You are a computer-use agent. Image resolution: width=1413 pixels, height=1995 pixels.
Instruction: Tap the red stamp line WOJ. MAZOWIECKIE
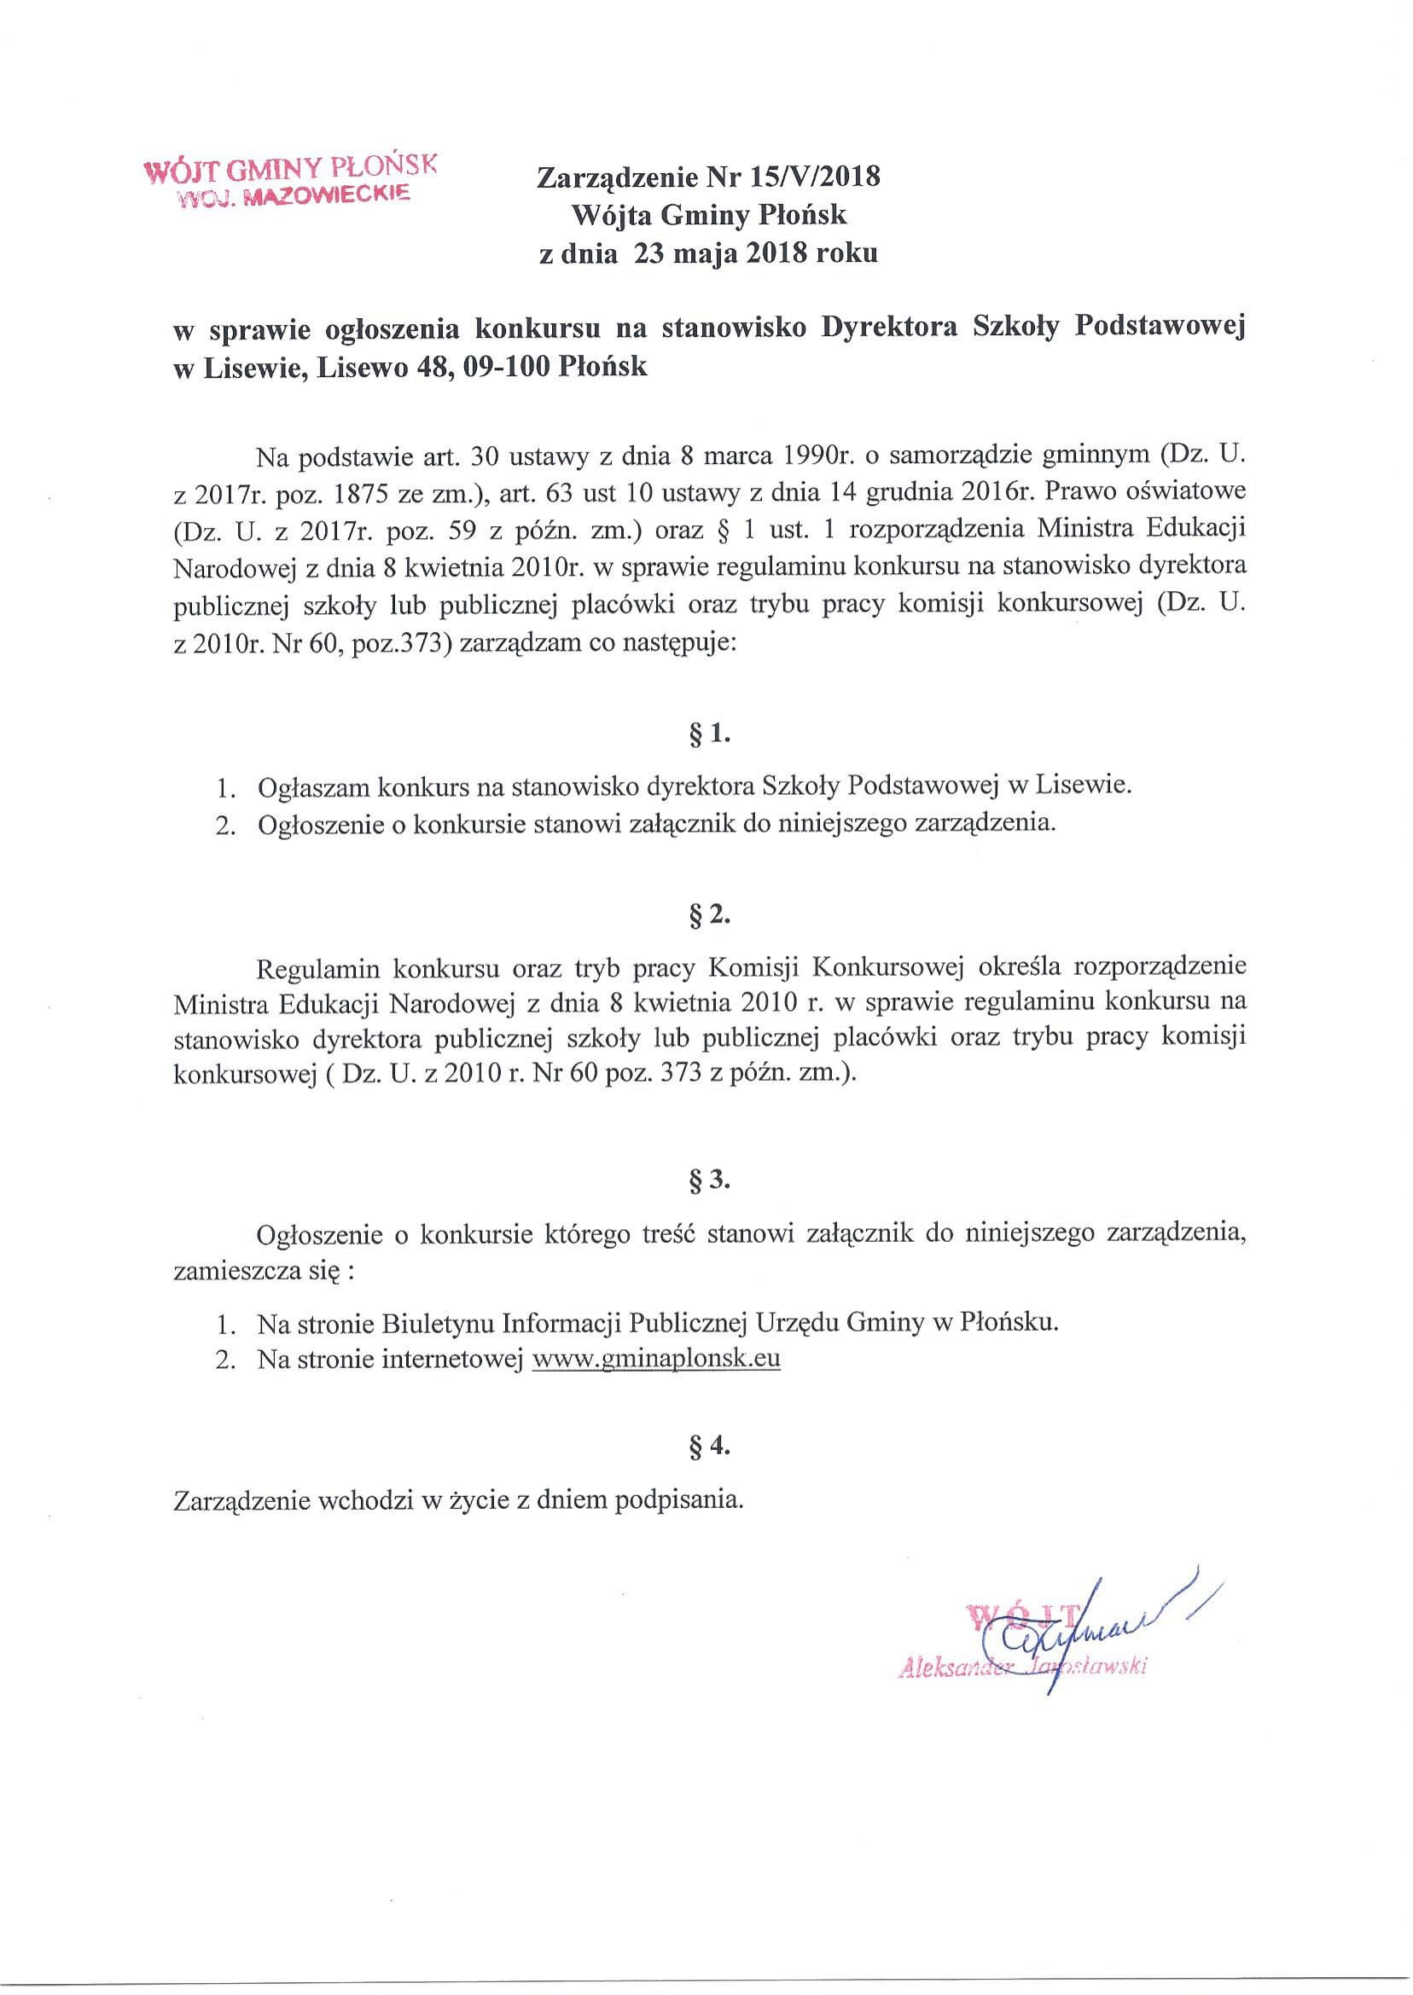point(294,198)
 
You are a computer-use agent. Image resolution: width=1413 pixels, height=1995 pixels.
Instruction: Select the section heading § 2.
point(708,917)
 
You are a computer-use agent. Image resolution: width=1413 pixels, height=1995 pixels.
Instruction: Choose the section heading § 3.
point(708,1181)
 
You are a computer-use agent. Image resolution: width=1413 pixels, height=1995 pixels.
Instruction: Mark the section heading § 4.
point(708,1447)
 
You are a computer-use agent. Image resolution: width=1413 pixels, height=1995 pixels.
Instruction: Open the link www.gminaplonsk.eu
point(655,1360)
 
